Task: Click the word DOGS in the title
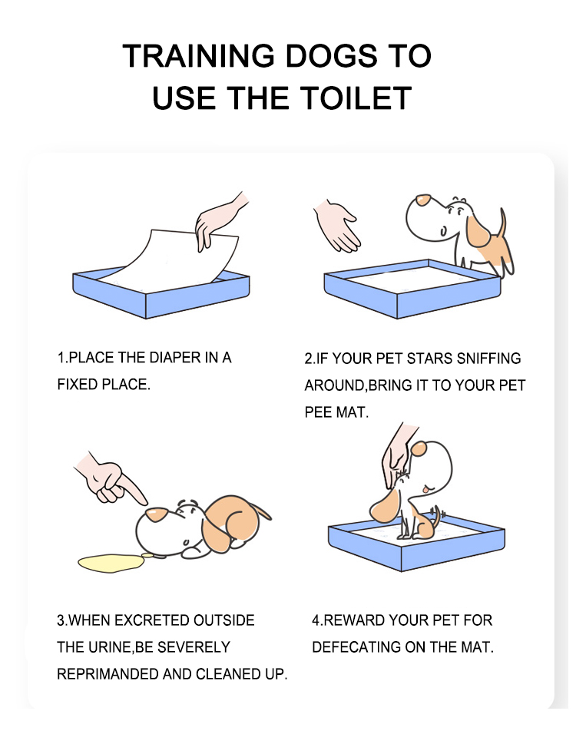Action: pos(330,56)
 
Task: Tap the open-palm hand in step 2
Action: pos(336,225)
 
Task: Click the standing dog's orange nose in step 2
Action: pos(423,200)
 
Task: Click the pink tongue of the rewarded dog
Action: pos(425,490)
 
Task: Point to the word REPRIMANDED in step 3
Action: pos(108,674)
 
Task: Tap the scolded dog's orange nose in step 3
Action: pos(155,514)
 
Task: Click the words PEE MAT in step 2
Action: pos(336,412)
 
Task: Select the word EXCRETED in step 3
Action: pos(152,620)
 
